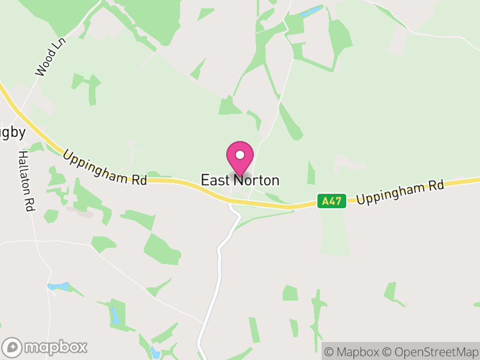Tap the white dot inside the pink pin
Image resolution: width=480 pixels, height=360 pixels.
[240, 155]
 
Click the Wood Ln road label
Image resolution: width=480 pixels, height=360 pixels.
[50, 58]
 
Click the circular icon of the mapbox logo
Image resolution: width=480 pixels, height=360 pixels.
[12, 347]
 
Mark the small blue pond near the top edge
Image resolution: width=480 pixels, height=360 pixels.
[311, 11]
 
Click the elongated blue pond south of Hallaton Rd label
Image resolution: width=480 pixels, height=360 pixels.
[58, 287]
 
